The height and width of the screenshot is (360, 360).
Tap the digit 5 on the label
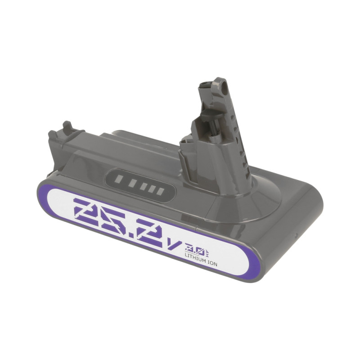[118, 220]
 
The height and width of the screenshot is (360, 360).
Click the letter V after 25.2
[176, 246]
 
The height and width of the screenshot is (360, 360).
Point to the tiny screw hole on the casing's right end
[295, 235]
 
